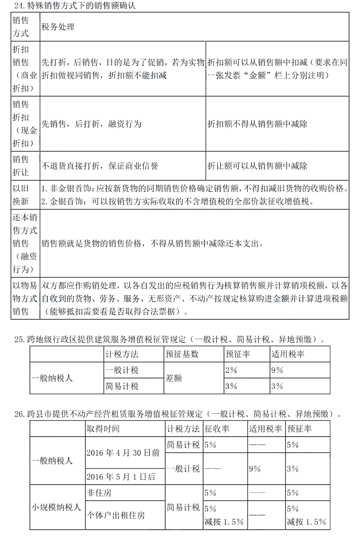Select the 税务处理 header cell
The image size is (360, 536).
tap(58, 27)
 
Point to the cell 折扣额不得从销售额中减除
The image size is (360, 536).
tap(257, 124)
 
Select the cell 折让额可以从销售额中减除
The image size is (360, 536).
tap(257, 166)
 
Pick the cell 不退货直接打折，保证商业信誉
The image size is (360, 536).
tap(100, 166)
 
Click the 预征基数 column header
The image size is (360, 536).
tap(182, 354)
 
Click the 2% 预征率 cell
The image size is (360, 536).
tap(231, 370)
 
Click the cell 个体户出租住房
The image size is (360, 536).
tap(115, 515)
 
